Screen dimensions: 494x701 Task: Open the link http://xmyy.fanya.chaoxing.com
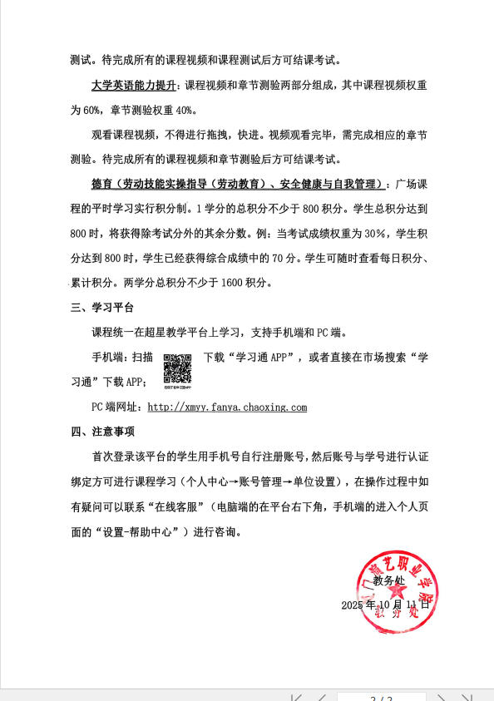(227, 407)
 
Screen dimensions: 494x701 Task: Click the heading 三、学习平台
(102, 308)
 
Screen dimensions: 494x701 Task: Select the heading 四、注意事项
(102, 432)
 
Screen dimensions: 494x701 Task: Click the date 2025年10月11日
(385, 605)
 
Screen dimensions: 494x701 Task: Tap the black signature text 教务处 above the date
(388, 580)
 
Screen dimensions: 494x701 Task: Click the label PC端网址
(116, 407)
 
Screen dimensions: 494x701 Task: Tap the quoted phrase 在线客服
(185, 506)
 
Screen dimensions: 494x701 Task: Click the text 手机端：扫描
(122, 358)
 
